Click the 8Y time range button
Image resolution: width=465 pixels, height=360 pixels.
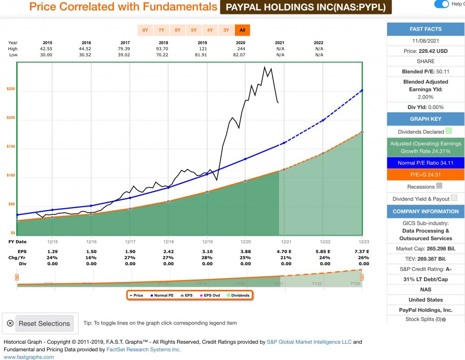pyautogui.click(x=145, y=30)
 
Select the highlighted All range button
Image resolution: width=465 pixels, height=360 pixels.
pyautogui.click(x=242, y=30)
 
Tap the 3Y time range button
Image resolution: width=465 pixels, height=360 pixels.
pyautogui.click(x=226, y=30)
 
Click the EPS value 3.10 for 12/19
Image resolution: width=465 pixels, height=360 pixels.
pyautogui.click(x=207, y=251)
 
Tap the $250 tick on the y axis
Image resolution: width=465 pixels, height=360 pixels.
pyautogui.click(x=10, y=89)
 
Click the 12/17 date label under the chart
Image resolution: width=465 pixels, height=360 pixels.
pyautogui.click(x=130, y=242)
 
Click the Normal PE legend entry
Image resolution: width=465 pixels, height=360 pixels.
pyautogui.click(x=162, y=295)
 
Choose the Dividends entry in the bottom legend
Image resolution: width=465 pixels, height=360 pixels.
pyautogui.click(x=238, y=295)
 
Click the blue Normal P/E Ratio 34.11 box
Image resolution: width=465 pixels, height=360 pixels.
pyautogui.click(x=425, y=163)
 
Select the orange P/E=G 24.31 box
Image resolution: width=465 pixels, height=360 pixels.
pyautogui.click(x=425, y=175)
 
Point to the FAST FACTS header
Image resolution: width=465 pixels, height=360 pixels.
pyautogui.click(x=425, y=29)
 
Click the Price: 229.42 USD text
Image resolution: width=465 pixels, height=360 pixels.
pyautogui.click(x=425, y=51)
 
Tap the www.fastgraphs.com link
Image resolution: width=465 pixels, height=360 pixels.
pyautogui.click(x=29, y=357)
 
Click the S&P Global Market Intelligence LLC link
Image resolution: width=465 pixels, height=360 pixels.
pyautogui.click(x=309, y=342)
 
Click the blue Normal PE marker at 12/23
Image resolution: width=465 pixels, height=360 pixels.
pyautogui.click(x=362, y=90)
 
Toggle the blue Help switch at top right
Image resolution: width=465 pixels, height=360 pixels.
pyautogui.click(x=441, y=4)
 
